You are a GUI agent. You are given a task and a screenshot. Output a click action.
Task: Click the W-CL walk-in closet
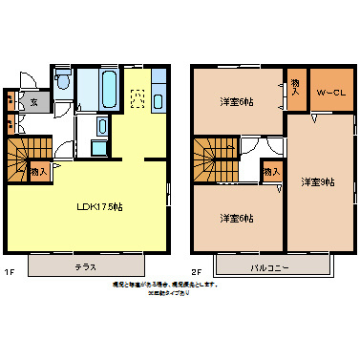tap(327, 92)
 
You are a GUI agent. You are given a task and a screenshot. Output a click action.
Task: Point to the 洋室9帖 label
tap(318, 180)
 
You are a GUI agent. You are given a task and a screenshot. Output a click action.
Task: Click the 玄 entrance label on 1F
tap(32, 101)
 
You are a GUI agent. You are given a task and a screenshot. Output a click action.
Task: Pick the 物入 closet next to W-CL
tap(295, 89)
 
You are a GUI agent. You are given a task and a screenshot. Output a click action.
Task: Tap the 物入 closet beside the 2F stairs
tap(270, 172)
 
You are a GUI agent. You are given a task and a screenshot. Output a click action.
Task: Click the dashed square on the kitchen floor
tap(136, 95)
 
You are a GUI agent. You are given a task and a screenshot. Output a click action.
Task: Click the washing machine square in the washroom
tap(101, 125)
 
